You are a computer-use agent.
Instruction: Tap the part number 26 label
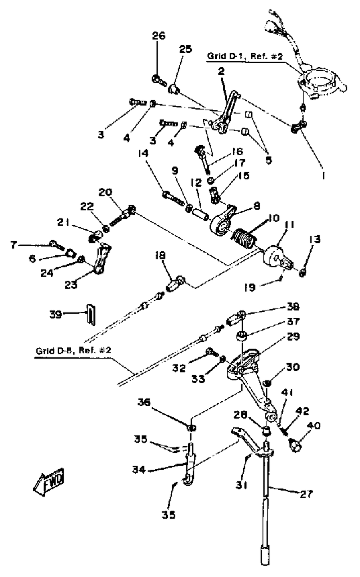pyautogui.click(x=159, y=36)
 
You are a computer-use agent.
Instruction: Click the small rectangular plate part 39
pyautogui.click(x=91, y=314)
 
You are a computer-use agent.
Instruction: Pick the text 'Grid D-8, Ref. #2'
pyautogui.click(x=73, y=351)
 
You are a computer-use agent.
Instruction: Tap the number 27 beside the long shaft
pyautogui.click(x=306, y=494)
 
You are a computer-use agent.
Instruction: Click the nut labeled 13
pyautogui.click(x=303, y=272)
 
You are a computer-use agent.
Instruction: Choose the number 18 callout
pyautogui.click(x=161, y=256)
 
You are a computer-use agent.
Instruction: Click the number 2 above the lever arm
pyautogui.click(x=222, y=71)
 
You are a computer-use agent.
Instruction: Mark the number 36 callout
pyautogui.click(x=144, y=403)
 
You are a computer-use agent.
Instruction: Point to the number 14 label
pyautogui.click(x=143, y=154)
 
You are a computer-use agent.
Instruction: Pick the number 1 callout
pyautogui.click(x=324, y=176)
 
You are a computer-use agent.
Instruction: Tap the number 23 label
pyautogui.click(x=71, y=285)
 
